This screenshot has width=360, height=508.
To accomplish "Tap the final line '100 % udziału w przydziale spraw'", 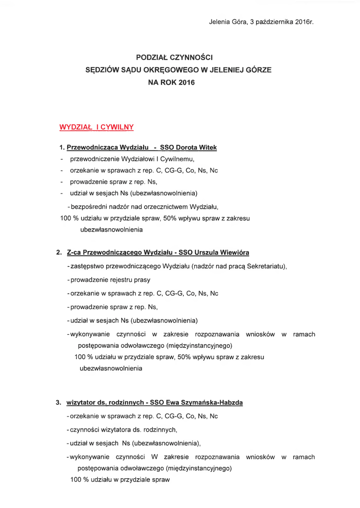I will (120, 480).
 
